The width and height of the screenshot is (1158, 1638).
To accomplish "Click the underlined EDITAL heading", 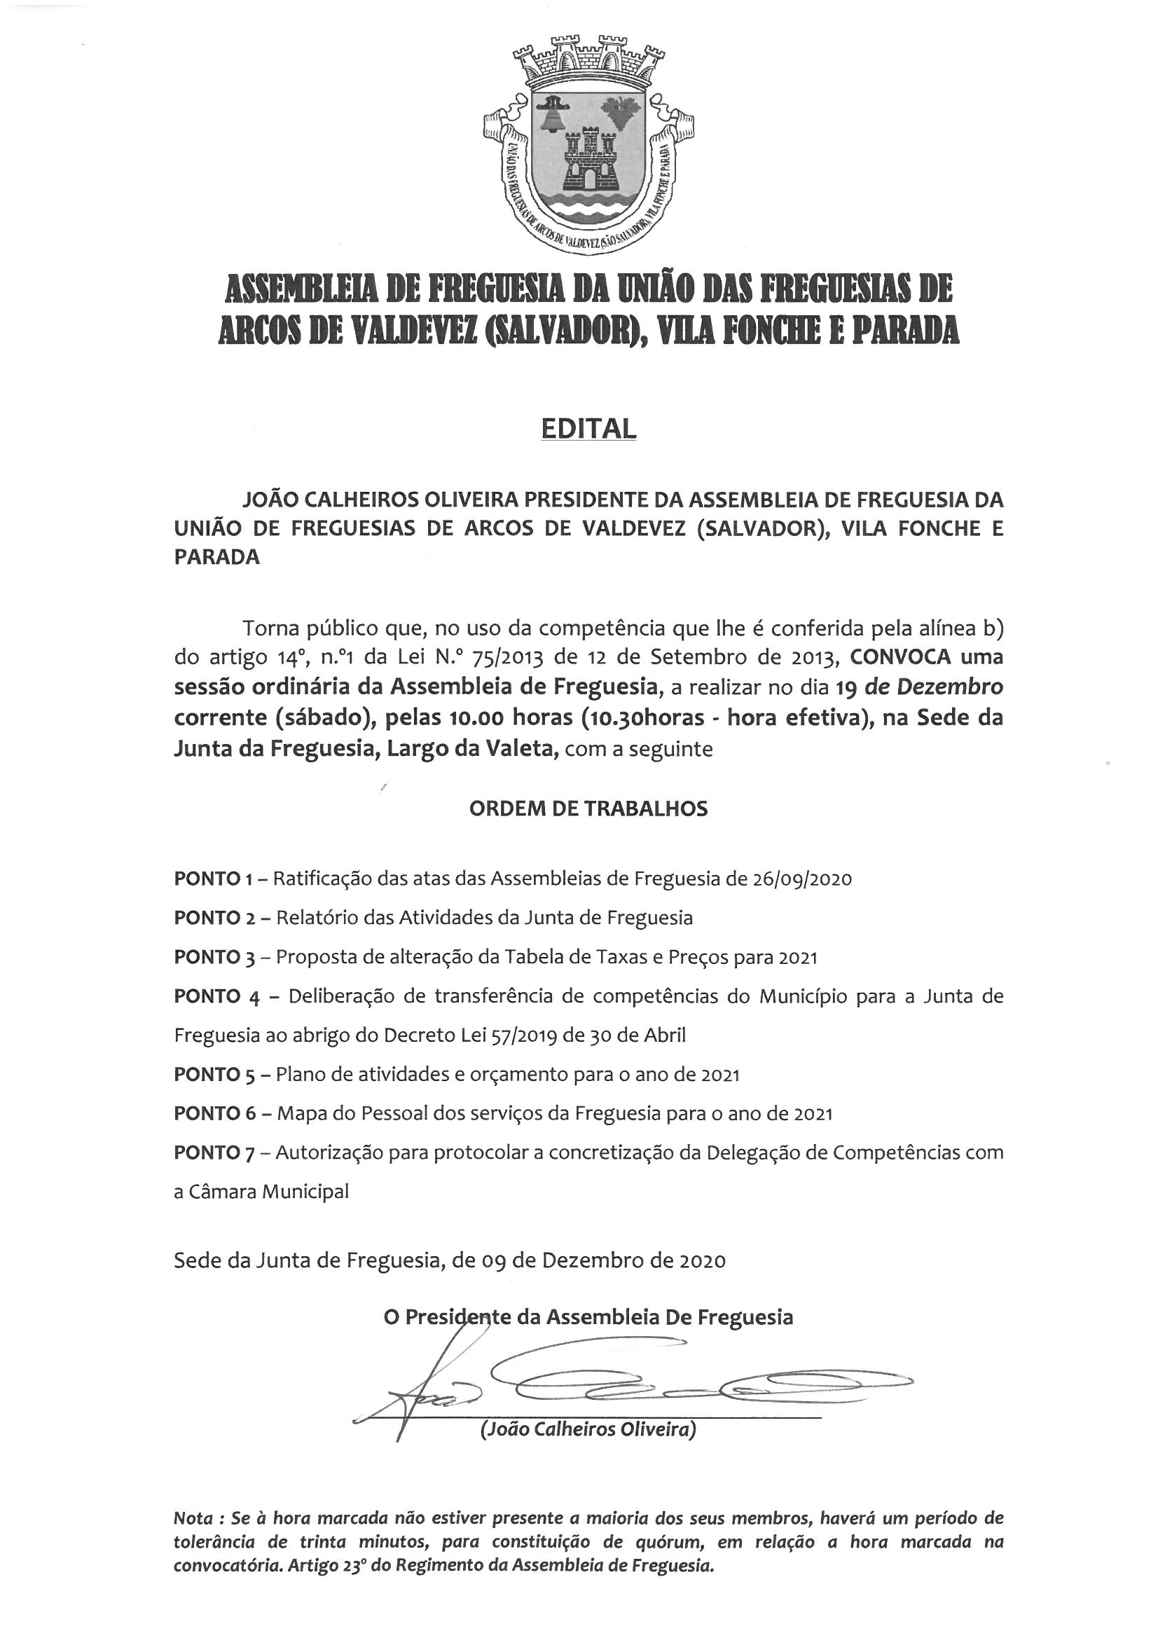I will [588, 428].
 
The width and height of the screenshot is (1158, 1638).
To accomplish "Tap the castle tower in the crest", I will [590, 157].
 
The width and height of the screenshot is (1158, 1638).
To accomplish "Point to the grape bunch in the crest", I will [619, 111].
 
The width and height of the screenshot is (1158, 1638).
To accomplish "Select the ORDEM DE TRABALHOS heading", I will [588, 808].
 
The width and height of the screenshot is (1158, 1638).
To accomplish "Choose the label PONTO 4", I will [216, 997].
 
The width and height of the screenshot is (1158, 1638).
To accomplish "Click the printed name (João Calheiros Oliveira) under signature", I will [588, 1429].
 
